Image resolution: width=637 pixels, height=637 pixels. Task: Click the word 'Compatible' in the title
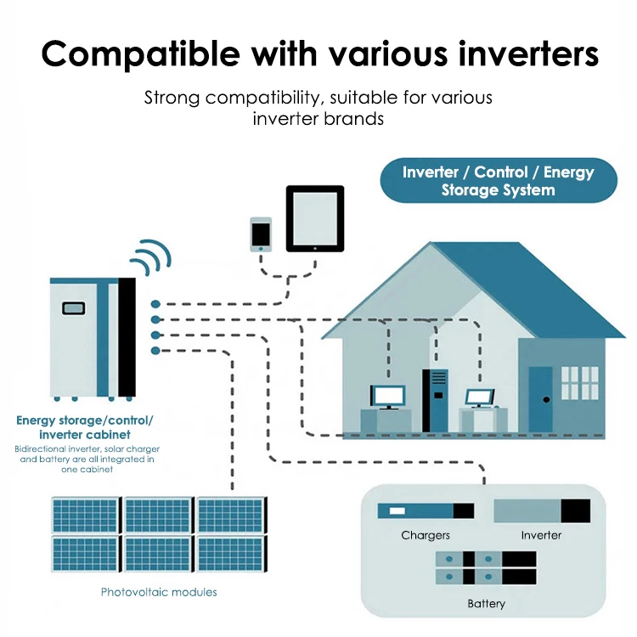[140, 55]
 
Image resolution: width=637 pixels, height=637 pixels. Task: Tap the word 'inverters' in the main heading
[528, 54]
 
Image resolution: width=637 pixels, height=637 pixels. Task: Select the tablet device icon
[315, 218]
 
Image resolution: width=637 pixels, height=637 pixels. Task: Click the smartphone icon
[261, 234]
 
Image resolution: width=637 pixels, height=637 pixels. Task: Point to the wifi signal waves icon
[151, 256]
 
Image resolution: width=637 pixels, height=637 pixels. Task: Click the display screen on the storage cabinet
[74, 308]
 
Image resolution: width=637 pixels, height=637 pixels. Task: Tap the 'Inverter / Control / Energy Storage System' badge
[499, 180]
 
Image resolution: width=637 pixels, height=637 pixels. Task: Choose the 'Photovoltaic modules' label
[159, 592]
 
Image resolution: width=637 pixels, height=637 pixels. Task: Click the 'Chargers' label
[426, 535]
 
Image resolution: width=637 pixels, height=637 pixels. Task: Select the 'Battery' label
[487, 604]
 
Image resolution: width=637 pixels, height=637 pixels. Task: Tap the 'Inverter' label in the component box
[541, 535]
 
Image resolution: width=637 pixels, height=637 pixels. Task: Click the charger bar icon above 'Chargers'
[426, 510]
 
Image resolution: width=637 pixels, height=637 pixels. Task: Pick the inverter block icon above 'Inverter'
[542, 510]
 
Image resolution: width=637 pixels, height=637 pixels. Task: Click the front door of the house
[540, 399]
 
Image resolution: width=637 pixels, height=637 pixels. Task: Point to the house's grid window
[580, 383]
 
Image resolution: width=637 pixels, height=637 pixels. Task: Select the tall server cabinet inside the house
[435, 400]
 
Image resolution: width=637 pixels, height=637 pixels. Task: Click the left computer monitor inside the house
[388, 397]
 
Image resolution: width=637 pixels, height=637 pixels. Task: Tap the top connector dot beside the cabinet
[155, 304]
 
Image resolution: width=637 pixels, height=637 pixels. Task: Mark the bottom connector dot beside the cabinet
[155, 351]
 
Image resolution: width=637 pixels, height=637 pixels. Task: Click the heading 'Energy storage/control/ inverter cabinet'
[84, 427]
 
